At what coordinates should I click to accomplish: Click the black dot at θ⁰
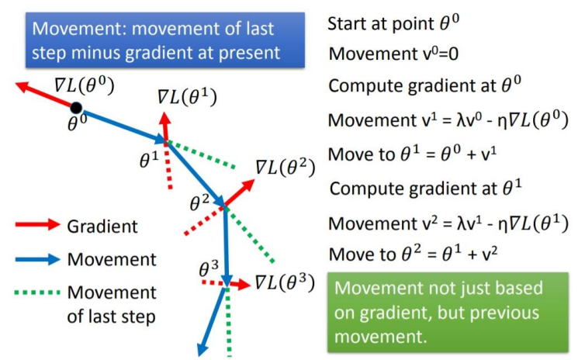(76, 108)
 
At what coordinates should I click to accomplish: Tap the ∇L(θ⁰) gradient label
(85, 85)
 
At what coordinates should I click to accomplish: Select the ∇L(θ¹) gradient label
(187, 97)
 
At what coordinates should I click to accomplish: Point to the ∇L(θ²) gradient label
(286, 168)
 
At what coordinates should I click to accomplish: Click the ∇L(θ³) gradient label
(285, 283)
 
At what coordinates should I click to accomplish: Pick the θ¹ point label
(149, 160)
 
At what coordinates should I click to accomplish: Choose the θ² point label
(199, 202)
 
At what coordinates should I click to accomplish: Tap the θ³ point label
(209, 268)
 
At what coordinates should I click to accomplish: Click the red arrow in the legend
(37, 224)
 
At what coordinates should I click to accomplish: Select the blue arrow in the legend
(37, 259)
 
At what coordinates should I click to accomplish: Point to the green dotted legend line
(37, 293)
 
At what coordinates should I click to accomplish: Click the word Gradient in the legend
(102, 227)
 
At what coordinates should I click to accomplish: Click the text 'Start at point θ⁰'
(393, 23)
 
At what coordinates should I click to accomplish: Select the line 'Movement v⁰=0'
(393, 54)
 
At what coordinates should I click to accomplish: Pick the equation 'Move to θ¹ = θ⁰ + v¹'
(412, 154)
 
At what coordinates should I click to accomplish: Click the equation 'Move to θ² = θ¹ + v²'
(413, 254)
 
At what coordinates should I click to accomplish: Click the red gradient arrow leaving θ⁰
(46, 95)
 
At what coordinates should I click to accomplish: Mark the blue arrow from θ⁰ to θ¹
(120, 125)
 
